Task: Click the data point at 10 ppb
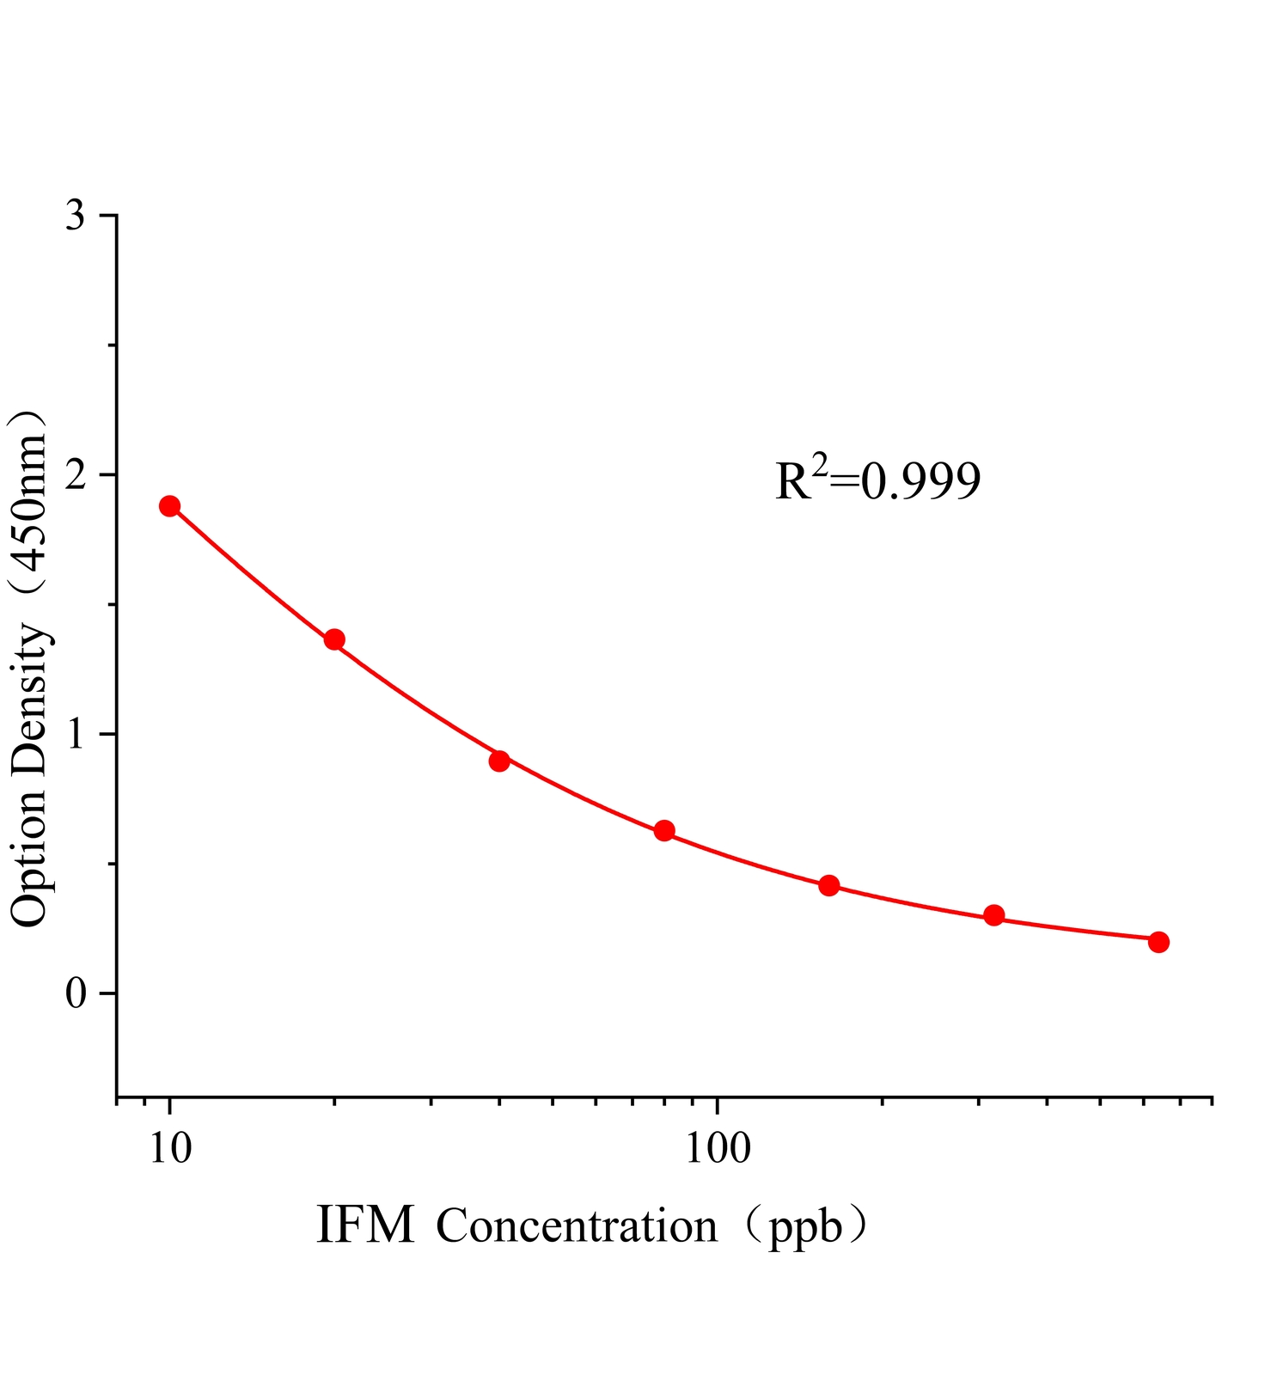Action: pyautogui.click(x=169, y=505)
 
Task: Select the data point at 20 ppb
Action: pyautogui.click(x=334, y=639)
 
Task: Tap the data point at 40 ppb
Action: pyautogui.click(x=499, y=761)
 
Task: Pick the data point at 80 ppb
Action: pyautogui.click(x=664, y=830)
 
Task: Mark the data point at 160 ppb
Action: pyautogui.click(x=829, y=885)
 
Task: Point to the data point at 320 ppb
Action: pyautogui.click(x=994, y=915)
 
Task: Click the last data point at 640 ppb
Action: pyautogui.click(x=1158, y=942)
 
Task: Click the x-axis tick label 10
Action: pyautogui.click(x=169, y=1148)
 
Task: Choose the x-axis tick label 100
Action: pyautogui.click(x=718, y=1148)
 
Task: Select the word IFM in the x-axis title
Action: pyautogui.click(x=365, y=1225)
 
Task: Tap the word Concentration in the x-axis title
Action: pyautogui.click(x=577, y=1227)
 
